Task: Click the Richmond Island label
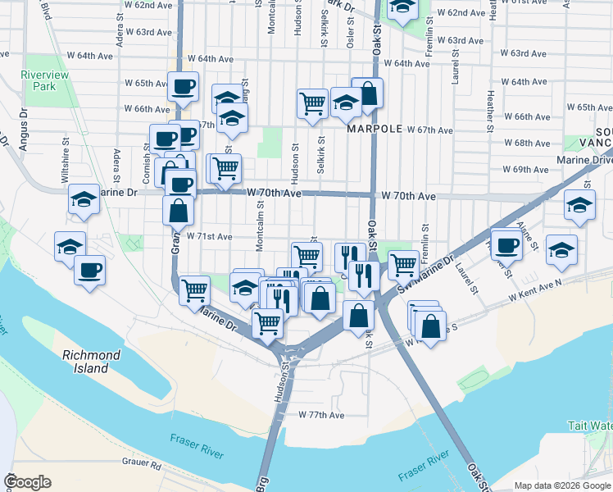[x=92, y=362]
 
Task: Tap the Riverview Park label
[x=43, y=80]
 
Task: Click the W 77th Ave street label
[x=321, y=415]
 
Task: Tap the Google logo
[x=27, y=482]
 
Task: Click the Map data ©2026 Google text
[x=561, y=485]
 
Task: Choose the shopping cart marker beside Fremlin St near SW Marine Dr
[x=402, y=265]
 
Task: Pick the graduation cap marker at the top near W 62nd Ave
[x=402, y=8]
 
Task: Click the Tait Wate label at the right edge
[x=589, y=426]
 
